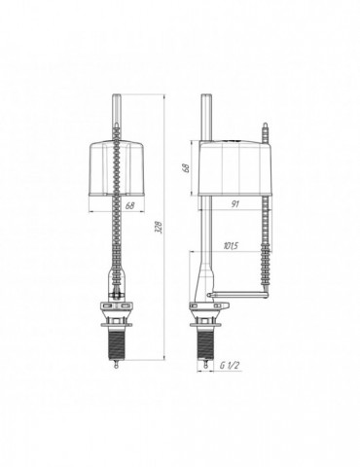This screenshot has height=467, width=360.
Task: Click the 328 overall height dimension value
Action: [159, 227]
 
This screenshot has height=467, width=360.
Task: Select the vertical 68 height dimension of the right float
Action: [186, 168]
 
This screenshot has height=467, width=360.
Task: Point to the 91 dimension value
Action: [235, 203]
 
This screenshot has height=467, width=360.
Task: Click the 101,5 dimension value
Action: [231, 245]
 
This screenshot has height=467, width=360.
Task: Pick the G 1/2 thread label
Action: [230, 366]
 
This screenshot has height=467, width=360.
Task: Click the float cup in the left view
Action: [117, 168]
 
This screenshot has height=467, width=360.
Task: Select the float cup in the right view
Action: [235, 168]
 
